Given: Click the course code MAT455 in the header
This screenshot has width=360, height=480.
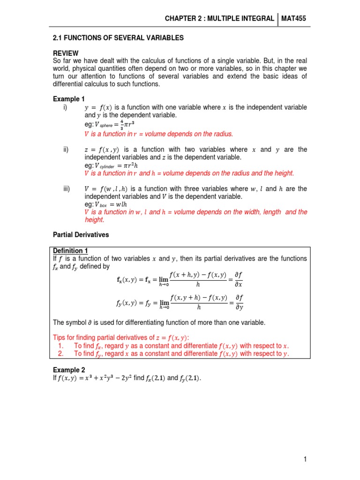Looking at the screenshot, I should pos(294,18).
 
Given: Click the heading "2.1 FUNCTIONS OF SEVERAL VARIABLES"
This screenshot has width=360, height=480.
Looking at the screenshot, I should pos(110,37).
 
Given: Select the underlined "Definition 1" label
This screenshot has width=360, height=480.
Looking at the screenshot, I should pos(71,251).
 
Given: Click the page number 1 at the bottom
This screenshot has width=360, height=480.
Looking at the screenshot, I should pos(305,460).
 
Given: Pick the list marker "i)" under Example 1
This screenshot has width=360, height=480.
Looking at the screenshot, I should pos(65,107).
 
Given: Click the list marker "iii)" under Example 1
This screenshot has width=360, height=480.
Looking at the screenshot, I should pos(67,188).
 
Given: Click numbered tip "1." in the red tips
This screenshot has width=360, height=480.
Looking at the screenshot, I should pos(61,346).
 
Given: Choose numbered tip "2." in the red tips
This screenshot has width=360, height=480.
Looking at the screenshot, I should pos(61,354).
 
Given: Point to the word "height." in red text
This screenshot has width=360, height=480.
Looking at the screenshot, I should pos(95,219).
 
